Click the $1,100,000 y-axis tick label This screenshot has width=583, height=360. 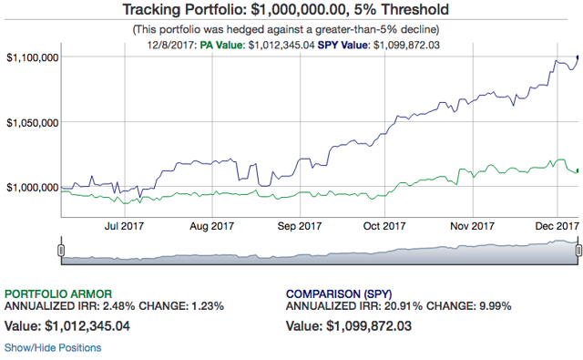(33, 57)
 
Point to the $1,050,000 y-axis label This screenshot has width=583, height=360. (33, 122)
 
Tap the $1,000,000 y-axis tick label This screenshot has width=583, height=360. (33, 187)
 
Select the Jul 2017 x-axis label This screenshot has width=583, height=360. (124, 226)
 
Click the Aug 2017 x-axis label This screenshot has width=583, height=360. (212, 226)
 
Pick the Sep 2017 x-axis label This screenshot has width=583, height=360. (300, 226)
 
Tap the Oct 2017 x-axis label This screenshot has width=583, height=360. (384, 226)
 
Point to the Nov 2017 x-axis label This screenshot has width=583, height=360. (472, 226)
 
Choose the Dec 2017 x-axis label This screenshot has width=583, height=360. (557, 226)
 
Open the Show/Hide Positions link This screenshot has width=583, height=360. (53, 348)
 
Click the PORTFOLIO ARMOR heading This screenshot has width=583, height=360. (58, 293)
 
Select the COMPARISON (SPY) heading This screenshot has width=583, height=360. (339, 293)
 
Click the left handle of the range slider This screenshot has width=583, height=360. (61, 251)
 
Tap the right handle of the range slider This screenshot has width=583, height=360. (578, 251)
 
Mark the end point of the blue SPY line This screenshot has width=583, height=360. (578, 57)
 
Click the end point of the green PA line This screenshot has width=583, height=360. (578, 170)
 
